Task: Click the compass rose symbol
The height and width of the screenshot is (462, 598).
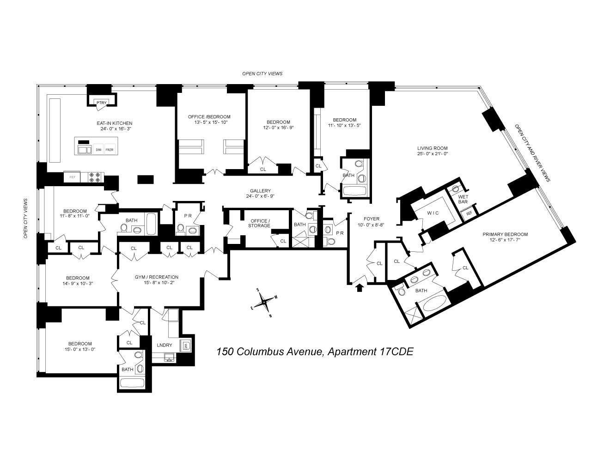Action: (264, 303)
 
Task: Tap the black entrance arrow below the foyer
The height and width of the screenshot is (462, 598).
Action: (359, 288)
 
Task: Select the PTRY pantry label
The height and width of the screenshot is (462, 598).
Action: (101, 103)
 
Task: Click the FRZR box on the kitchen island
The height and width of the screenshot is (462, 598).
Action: (110, 150)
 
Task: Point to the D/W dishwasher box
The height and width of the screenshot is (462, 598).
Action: (98, 150)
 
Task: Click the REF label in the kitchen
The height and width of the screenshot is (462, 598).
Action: (72, 177)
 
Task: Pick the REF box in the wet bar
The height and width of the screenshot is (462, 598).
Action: (469, 213)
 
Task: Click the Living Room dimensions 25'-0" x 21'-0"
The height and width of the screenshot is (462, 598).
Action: (432, 153)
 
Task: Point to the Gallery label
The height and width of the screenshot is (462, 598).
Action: (260, 191)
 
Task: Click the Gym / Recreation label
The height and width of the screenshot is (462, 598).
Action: (157, 277)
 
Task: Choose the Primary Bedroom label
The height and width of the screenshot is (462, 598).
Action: (505, 234)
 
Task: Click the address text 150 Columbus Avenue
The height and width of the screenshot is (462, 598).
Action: (271, 352)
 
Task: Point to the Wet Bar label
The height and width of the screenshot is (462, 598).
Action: (463, 199)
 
